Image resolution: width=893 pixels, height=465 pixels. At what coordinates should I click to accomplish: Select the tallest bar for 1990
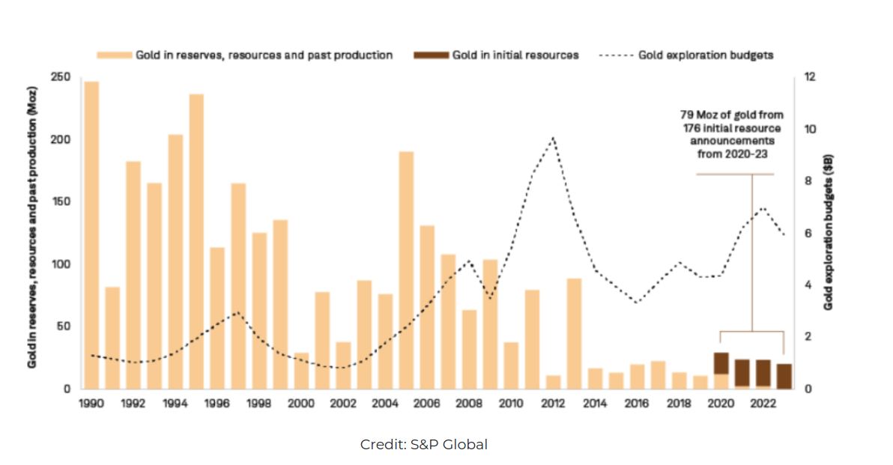click(x=91, y=235)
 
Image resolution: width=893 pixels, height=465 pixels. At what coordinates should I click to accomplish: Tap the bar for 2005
click(x=406, y=270)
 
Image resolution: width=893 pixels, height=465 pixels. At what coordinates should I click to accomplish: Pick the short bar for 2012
click(x=553, y=382)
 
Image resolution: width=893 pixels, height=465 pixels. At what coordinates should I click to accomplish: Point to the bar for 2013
click(x=574, y=334)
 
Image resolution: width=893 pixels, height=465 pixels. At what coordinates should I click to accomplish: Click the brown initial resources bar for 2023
click(x=784, y=377)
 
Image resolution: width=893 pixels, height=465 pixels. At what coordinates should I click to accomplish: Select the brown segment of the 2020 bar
click(x=721, y=363)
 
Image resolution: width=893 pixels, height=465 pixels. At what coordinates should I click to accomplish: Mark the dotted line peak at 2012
click(x=553, y=138)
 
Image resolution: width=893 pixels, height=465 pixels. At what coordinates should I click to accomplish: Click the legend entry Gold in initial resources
click(x=515, y=55)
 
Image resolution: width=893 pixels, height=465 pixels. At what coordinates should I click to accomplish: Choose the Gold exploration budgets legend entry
click(x=705, y=55)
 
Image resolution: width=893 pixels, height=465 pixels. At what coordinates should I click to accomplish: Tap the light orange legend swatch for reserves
click(x=114, y=55)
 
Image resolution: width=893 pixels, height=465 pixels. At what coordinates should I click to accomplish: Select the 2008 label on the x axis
click(x=468, y=403)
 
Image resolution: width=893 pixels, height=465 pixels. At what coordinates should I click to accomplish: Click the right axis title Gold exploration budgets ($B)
click(x=829, y=233)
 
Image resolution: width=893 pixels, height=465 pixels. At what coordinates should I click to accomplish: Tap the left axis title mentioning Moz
click(x=32, y=233)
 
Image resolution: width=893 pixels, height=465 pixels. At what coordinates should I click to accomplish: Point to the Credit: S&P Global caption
click(x=424, y=445)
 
